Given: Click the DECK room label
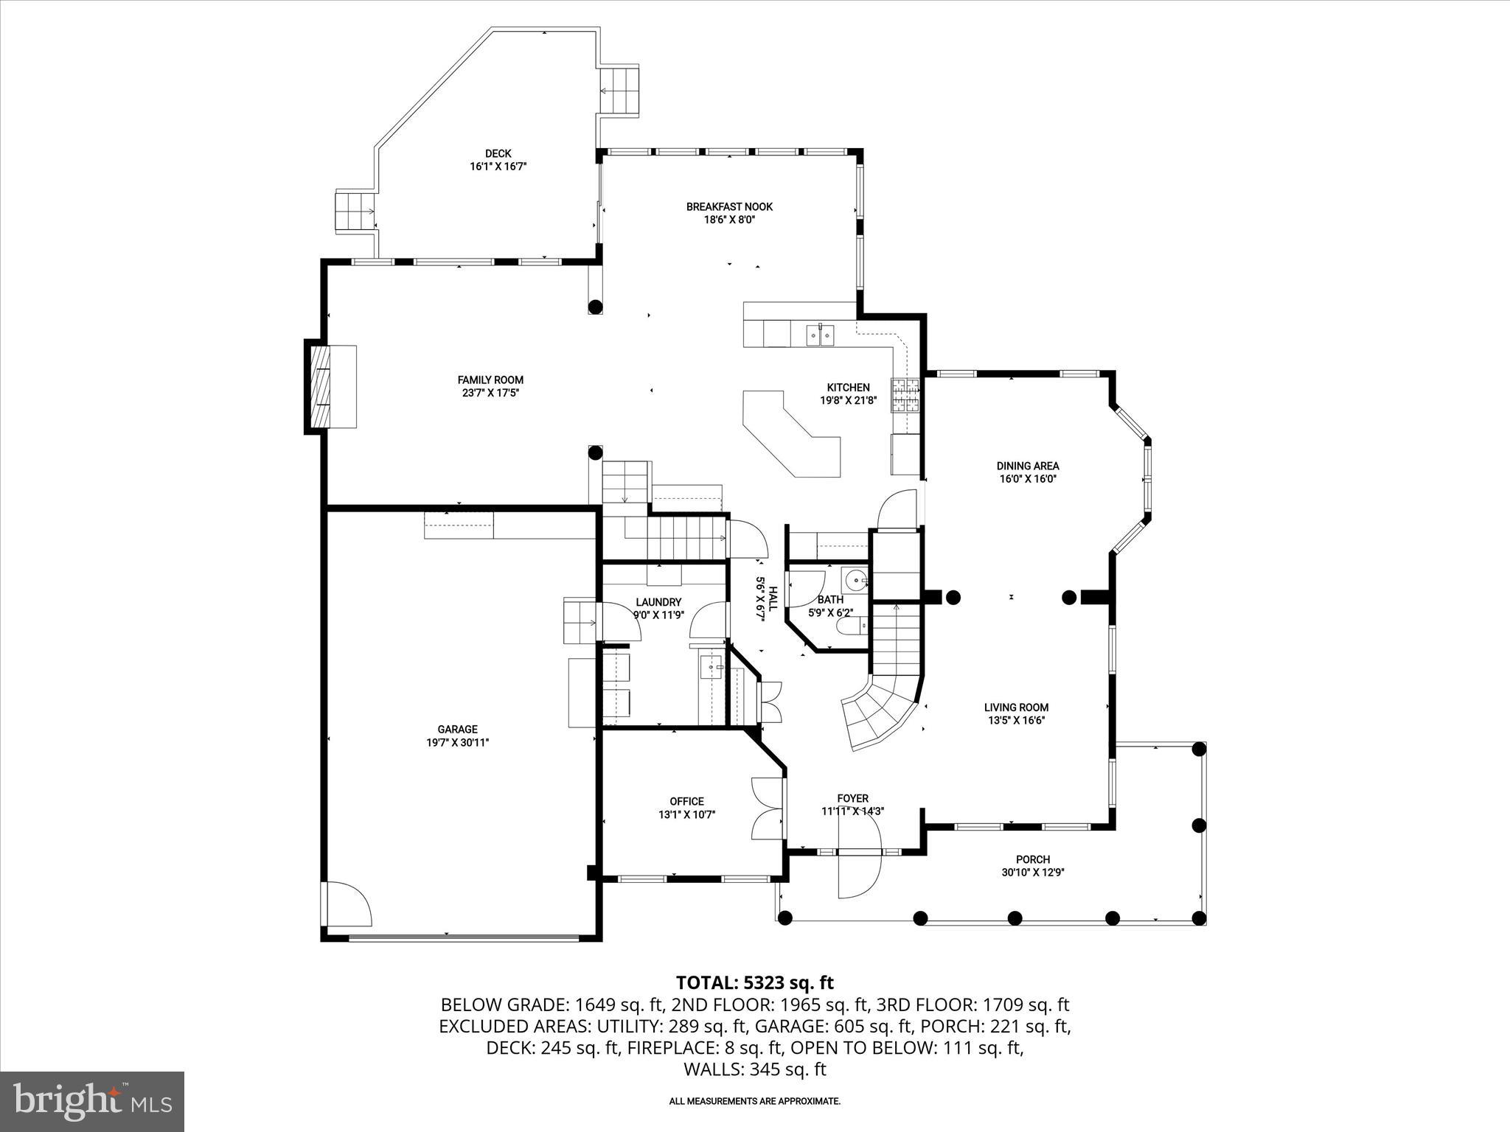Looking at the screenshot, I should [x=498, y=154].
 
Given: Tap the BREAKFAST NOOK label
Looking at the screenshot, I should [x=729, y=207].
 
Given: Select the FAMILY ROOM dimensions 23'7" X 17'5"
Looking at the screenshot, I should [x=490, y=393].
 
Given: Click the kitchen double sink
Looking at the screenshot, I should [x=820, y=336].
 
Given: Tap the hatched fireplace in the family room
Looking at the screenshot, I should [x=319, y=386].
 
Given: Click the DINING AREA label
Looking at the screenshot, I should [x=1027, y=466].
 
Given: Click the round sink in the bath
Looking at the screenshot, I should [x=855, y=580].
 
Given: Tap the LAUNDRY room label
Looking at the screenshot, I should [x=658, y=602].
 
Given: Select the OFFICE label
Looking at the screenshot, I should [x=686, y=801].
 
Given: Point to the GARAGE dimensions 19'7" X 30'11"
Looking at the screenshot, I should [x=457, y=743].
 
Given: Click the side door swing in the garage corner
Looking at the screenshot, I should [x=348, y=904].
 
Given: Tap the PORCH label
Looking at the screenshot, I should [x=1032, y=859].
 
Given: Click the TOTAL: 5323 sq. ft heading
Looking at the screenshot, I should [x=754, y=982].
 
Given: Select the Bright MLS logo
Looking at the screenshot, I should [x=92, y=1101].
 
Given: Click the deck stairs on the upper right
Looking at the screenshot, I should [x=618, y=91].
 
